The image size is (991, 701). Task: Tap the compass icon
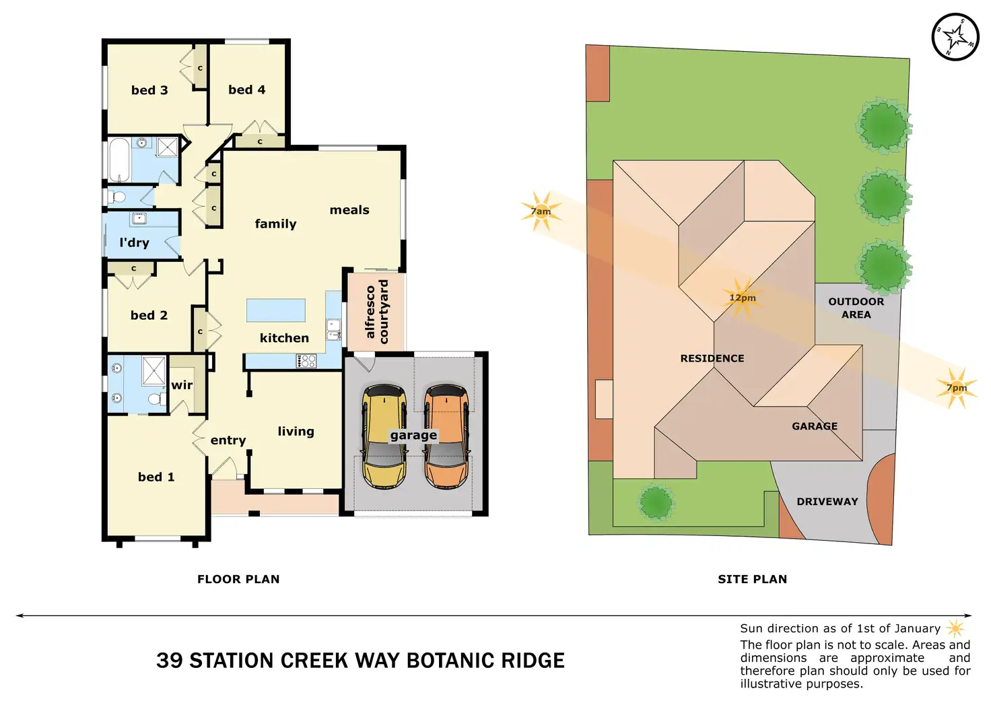[955, 38]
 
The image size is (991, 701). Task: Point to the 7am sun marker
[541, 211]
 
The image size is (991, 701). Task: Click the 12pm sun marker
[743, 298]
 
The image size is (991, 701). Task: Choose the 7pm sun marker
[957, 388]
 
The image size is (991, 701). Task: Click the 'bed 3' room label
[149, 90]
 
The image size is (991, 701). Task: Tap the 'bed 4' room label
[246, 90]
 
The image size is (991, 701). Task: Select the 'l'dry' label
[134, 242]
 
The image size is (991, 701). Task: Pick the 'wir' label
[182, 385]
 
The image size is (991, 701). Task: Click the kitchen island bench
[276, 310]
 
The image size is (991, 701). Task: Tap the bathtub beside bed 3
[119, 160]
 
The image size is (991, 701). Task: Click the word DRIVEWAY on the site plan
[827, 502]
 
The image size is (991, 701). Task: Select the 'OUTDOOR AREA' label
[856, 308]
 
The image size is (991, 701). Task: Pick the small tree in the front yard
[656, 502]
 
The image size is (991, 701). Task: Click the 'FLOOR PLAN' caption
[238, 579]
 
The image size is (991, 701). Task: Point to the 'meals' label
[349, 210]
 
